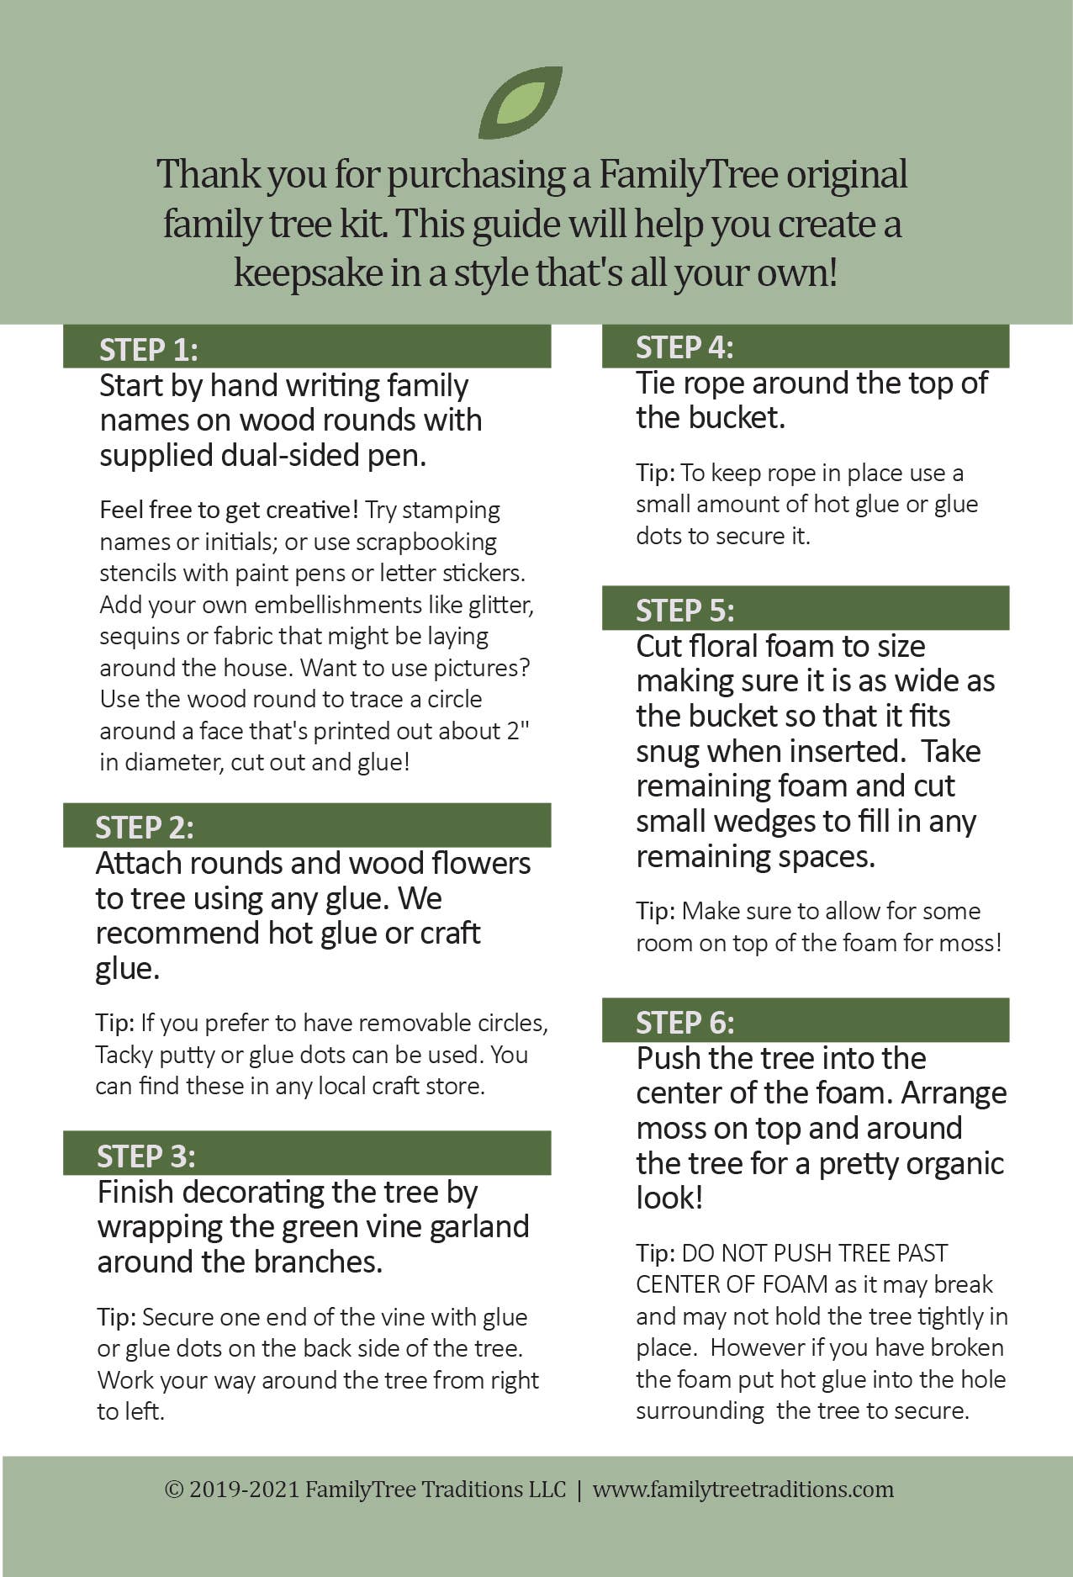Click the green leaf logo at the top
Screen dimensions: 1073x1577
pos(520,103)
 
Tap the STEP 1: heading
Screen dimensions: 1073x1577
pos(149,350)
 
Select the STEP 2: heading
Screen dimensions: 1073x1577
pos(145,828)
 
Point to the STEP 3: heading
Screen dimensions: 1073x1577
pos(146,1156)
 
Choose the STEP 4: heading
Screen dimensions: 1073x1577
pos(684,347)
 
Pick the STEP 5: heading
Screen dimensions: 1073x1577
pos(684,611)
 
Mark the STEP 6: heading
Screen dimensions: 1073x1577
pos(684,1023)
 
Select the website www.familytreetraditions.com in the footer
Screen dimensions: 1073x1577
pos(743,1489)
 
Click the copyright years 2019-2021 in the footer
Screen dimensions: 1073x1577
pos(245,1489)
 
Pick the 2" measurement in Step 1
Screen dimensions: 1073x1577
pos(518,730)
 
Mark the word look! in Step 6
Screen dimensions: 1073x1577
pos(669,1198)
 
